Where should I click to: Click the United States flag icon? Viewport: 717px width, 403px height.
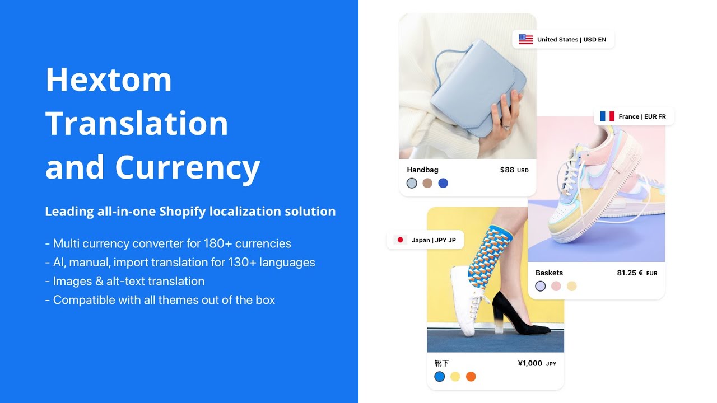tap(525, 39)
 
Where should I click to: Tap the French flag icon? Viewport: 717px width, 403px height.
tap(607, 116)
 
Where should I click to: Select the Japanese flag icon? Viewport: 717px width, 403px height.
tap(400, 240)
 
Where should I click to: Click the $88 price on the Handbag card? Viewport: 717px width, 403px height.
tap(507, 170)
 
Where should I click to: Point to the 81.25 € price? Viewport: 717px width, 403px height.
tap(630, 273)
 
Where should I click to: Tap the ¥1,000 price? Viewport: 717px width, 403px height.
tap(530, 363)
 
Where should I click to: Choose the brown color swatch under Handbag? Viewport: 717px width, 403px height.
tap(427, 183)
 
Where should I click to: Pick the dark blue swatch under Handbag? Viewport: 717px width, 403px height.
tap(443, 183)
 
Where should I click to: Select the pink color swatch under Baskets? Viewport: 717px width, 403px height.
tap(556, 286)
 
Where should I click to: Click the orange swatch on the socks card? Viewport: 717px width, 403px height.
tap(471, 377)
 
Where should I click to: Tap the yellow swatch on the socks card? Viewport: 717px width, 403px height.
tap(455, 377)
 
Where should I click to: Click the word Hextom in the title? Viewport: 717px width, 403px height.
tap(109, 79)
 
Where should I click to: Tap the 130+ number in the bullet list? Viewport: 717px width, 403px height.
tap(242, 263)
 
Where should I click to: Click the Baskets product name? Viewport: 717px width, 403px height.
tap(549, 273)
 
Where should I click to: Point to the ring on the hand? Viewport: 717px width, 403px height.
tap(506, 127)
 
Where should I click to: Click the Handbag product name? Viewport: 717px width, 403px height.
tap(422, 170)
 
